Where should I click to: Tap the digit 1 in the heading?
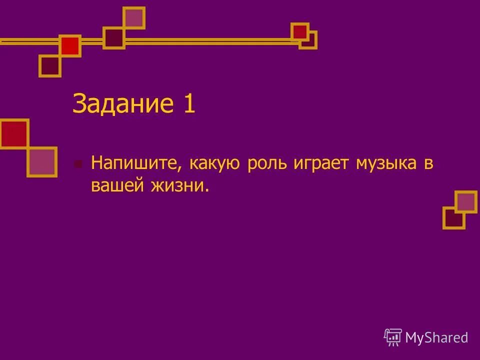click(x=188, y=104)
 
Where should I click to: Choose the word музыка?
click(x=386, y=163)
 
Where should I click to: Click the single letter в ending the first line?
click(x=428, y=163)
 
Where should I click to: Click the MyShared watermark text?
click(x=436, y=337)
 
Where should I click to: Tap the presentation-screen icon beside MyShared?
click(x=393, y=337)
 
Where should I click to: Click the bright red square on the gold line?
click(x=70, y=46)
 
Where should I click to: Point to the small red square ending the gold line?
click(x=300, y=31)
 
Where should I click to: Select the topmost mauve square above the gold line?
click(x=134, y=18)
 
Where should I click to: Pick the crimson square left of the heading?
click(x=13, y=133)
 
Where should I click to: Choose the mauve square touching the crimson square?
click(x=42, y=161)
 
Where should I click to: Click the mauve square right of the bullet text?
click(x=466, y=201)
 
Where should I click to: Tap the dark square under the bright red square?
click(x=50, y=65)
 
